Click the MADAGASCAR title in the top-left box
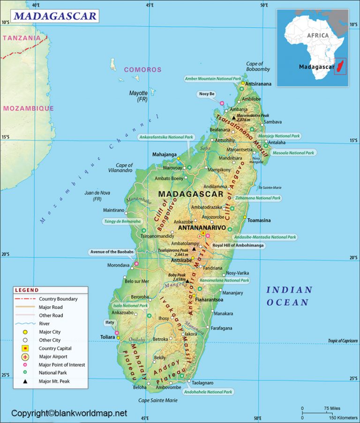(x=55, y=16)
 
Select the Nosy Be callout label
(x=206, y=94)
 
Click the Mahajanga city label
(x=165, y=154)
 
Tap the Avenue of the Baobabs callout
(x=111, y=252)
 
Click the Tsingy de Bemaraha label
(x=122, y=221)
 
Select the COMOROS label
(x=142, y=69)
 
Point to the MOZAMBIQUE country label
(x=28, y=108)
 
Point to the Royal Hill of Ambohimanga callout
(x=238, y=245)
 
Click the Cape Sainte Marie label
(x=157, y=400)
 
